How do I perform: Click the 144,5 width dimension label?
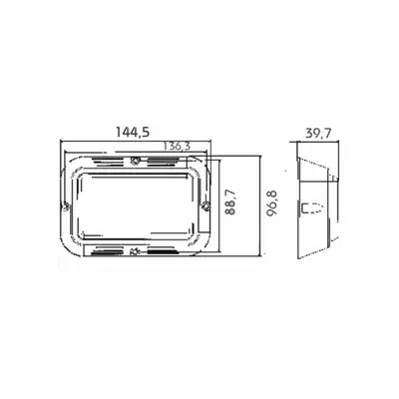[x=133, y=133]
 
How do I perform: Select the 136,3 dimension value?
[x=177, y=146]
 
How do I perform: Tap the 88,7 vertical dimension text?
[x=230, y=201]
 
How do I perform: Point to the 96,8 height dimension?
[x=271, y=203]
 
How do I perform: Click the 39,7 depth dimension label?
[x=318, y=134]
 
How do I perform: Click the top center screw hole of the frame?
[x=135, y=161]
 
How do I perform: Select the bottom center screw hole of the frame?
[x=135, y=251]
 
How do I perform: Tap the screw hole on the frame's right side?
[x=205, y=205]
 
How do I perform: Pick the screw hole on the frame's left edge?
[x=66, y=206]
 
